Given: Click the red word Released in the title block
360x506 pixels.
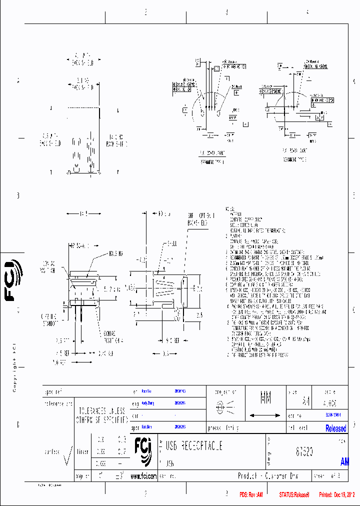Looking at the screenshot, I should click(335, 428).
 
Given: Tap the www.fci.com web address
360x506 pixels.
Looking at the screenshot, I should click(143, 476).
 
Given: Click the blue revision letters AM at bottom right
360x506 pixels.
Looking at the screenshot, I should click(344, 462).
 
